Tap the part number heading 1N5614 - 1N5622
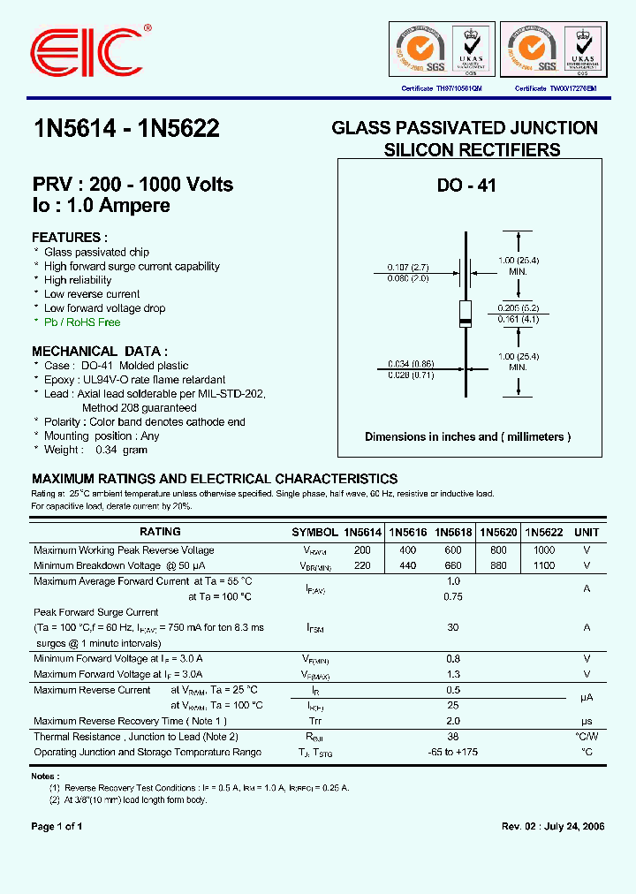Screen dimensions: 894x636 click(x=125, y=129)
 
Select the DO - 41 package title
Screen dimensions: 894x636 click(x=466, y=186)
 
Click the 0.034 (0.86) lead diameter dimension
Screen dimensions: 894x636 click(x=407, y=363)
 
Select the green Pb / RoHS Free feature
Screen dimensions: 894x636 click(x=82, y=322)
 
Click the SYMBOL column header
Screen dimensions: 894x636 click(x=314, y=533)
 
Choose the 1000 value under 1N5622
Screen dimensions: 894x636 click(x=543, y=550)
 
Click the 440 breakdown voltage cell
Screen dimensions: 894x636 click(x=407, y=565)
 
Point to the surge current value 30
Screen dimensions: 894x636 click(x=453, y=627)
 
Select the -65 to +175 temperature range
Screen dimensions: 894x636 click(x=453, y=753)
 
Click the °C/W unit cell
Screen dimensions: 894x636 click(x=587, y=737)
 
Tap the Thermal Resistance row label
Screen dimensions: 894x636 click(x=136, y=737)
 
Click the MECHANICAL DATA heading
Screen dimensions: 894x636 click(x=100, y=351)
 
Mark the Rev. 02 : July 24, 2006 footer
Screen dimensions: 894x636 click(x=553, y=827)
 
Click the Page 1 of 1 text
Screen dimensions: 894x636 click(x=57, y=827)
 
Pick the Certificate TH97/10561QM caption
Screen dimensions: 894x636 click(x=442, y=89)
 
